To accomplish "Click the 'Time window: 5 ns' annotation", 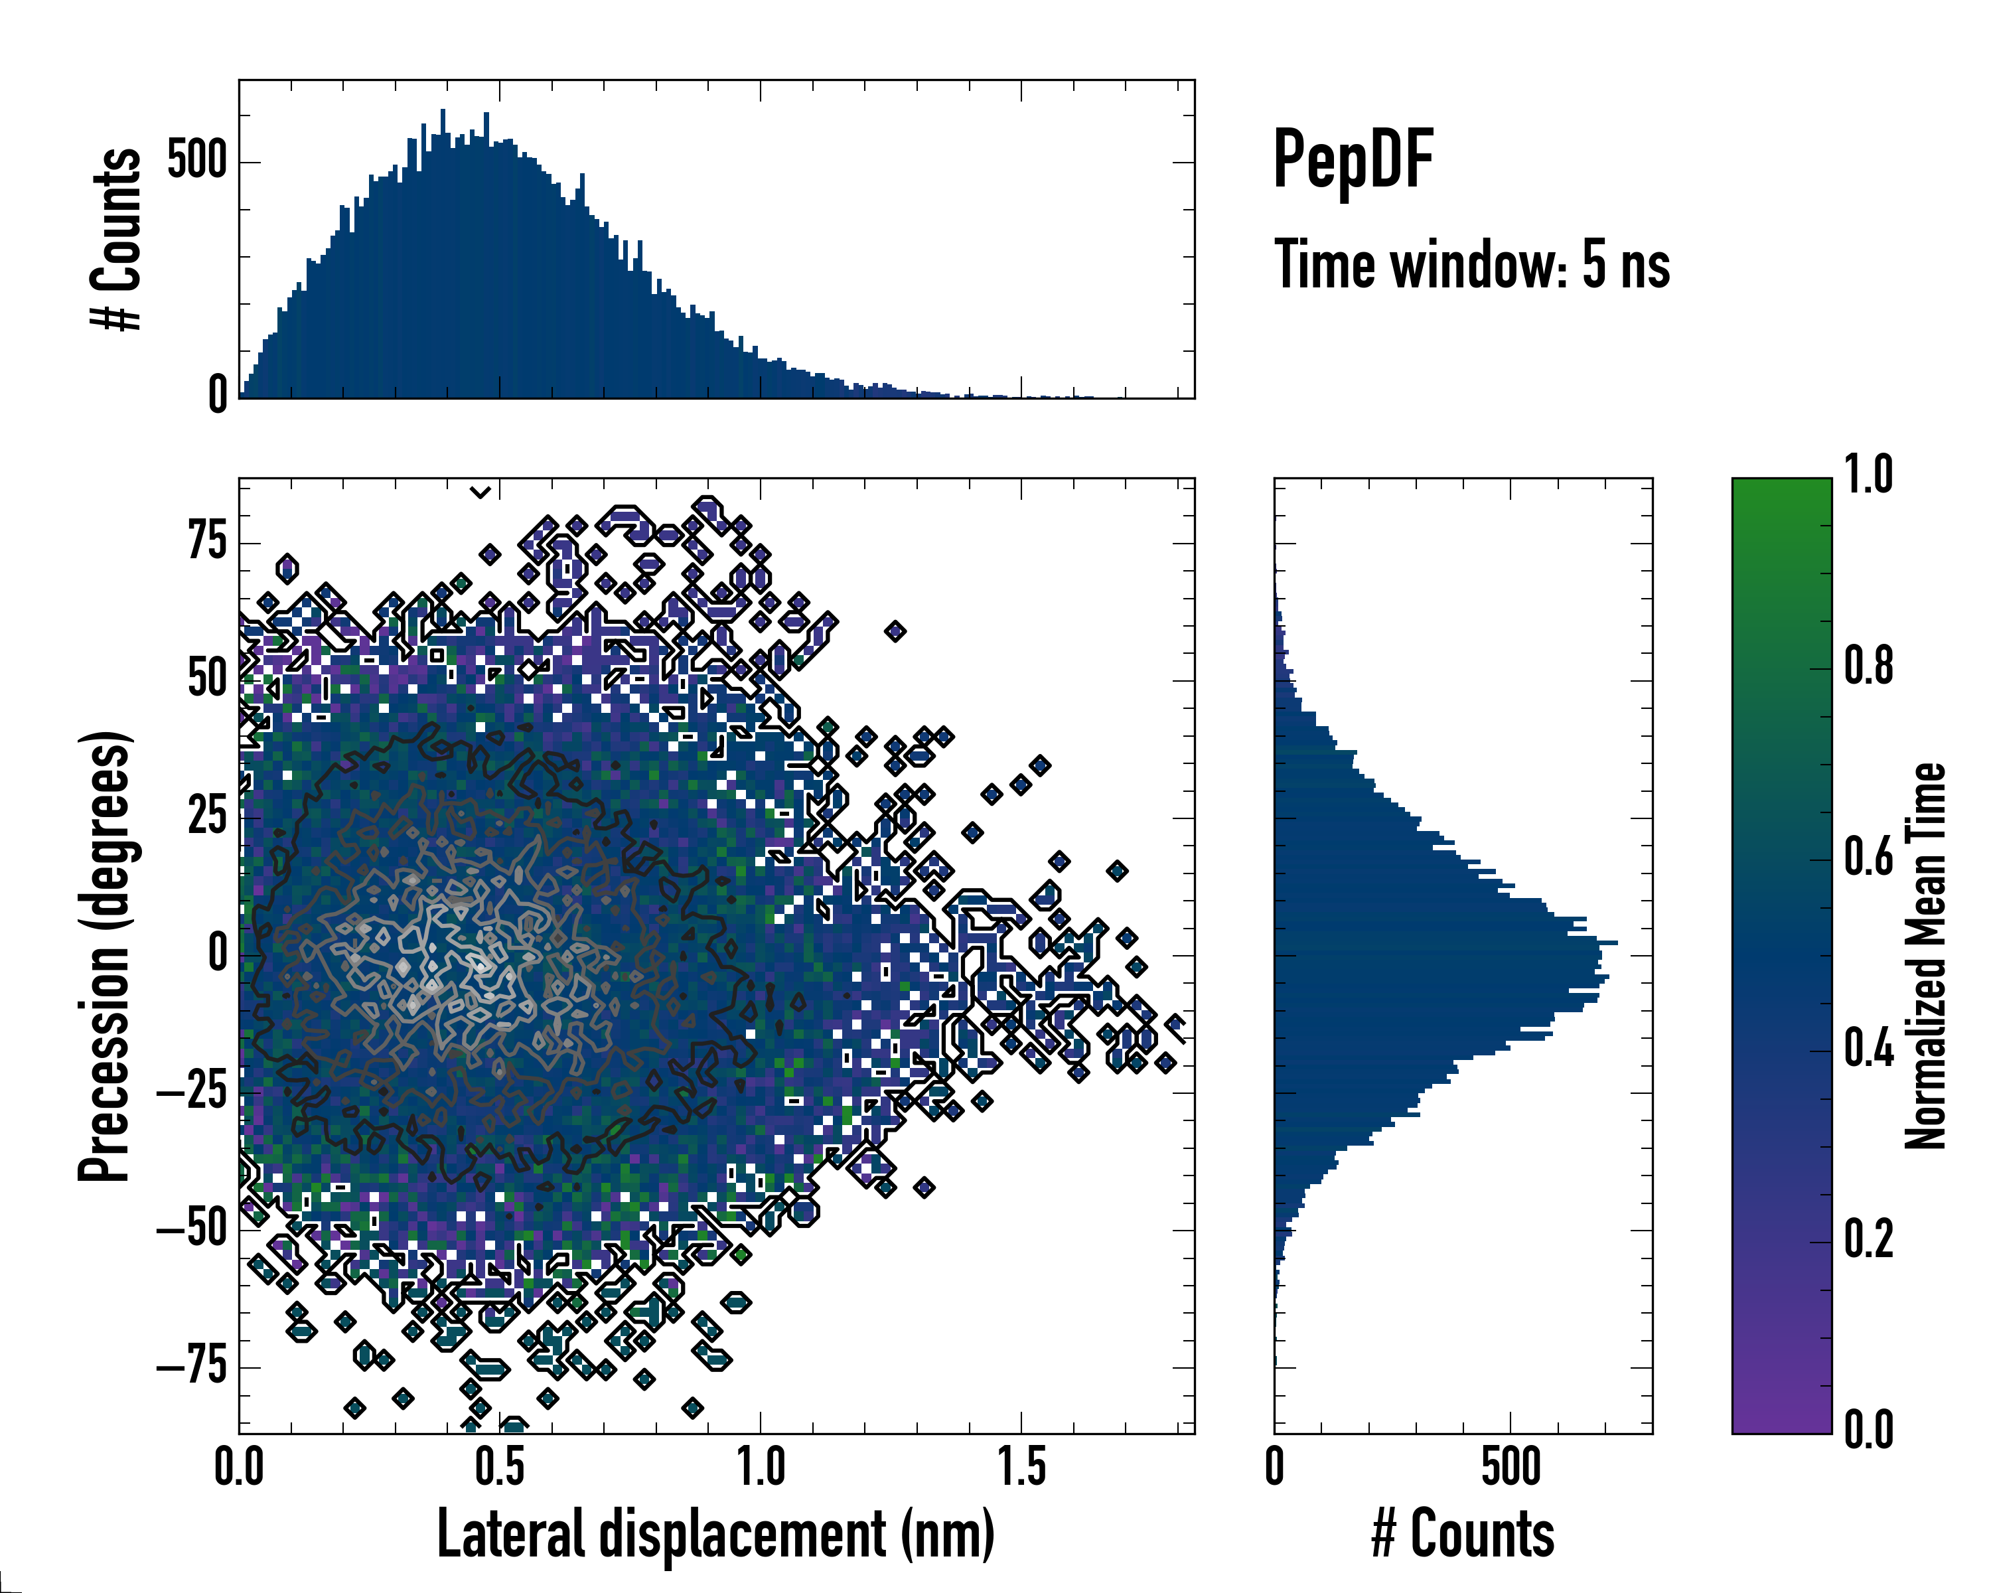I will click(x=1471, y=265).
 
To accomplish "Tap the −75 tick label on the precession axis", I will click(x=192, y=1366).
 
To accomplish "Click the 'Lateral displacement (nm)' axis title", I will click(x=715, y=1534).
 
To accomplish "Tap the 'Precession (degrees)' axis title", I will click(x=104, y=956).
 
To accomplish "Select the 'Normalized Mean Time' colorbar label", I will click(x=1925, y=956).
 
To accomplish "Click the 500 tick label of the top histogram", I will click(x=196, y=161).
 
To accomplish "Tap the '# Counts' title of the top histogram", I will click(x=116, y=239).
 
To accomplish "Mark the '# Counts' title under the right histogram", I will click(x=1463, y=1534).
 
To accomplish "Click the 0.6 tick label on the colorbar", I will click(x=1868, y=858).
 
